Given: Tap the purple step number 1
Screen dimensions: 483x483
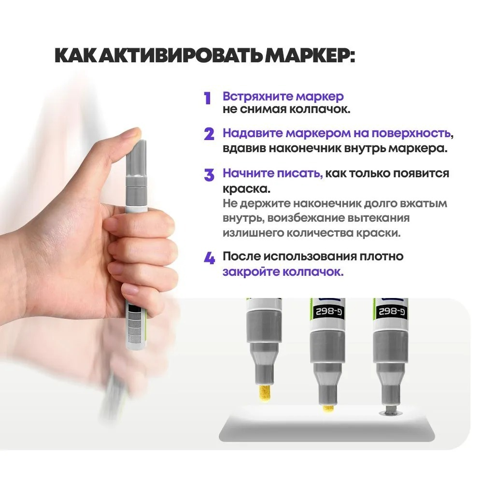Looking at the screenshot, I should tap(208, 99).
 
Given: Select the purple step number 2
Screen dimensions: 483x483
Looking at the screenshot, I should tap(209, 134).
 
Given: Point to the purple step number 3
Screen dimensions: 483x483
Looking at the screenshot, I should tap(209, 175).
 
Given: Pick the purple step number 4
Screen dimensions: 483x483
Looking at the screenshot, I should tap(209, 259).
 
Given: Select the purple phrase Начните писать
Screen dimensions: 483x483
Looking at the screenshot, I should tap(272, 173).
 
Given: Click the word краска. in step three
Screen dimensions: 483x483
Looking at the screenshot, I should tap(246, 187).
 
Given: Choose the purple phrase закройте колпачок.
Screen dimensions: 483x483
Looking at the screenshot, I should tap(283, 271).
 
